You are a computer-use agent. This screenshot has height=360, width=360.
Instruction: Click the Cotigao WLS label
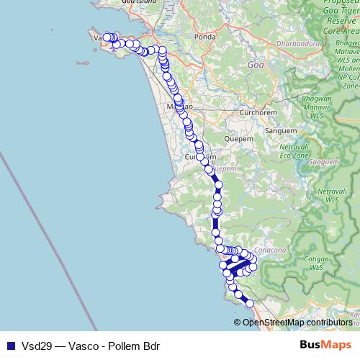click(317, 263)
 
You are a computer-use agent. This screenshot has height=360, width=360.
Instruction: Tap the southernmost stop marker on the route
click(250, 304)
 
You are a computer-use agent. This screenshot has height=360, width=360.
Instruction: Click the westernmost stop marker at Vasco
click(107, 37)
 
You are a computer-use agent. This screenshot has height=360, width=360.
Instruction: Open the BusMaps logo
click(325, 344)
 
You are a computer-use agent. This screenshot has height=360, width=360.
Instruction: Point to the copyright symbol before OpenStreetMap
click(238, 322)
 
